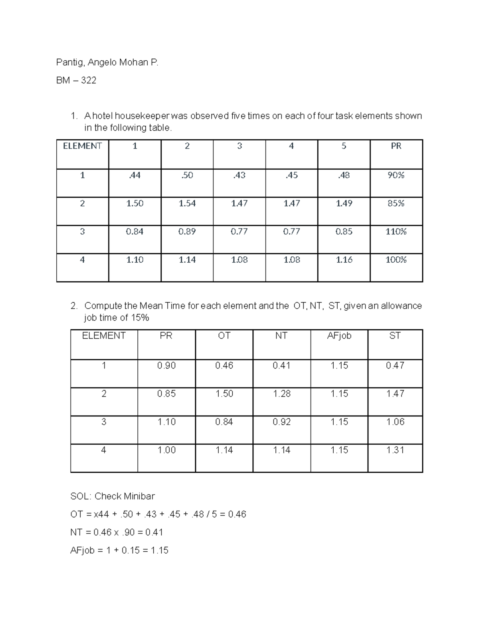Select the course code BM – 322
[x=76, y=81]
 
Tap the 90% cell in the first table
[x=396, y=175]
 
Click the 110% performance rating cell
[x=396, y=232]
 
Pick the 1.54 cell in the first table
[x=187, y=204]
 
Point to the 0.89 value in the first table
[x=187, y=232]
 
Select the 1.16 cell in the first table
[x=344, y=260]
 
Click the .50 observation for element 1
[x=187, y=175]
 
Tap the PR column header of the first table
[x=396, y=146]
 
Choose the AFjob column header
[x=339, y=336]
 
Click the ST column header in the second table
[x=395, y=336]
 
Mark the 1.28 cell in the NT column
[x=281, y=394]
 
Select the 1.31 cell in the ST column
[x=395, y=450]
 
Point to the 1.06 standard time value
[x=395, y=422]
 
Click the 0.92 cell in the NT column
[x=281, y=422]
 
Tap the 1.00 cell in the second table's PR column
[x=166, y=450]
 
